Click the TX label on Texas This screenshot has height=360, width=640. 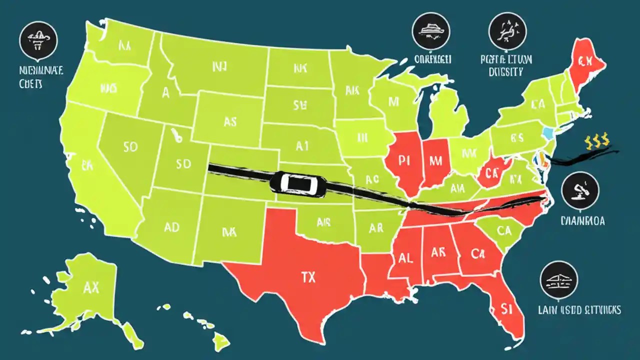point(308,277)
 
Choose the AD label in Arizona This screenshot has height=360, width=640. point(171,228)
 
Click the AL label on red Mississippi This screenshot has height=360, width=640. point(405,258)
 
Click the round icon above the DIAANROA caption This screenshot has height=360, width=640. point(580,190)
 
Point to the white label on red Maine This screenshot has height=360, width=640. point(584,62)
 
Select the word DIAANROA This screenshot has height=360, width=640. point(583,220)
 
